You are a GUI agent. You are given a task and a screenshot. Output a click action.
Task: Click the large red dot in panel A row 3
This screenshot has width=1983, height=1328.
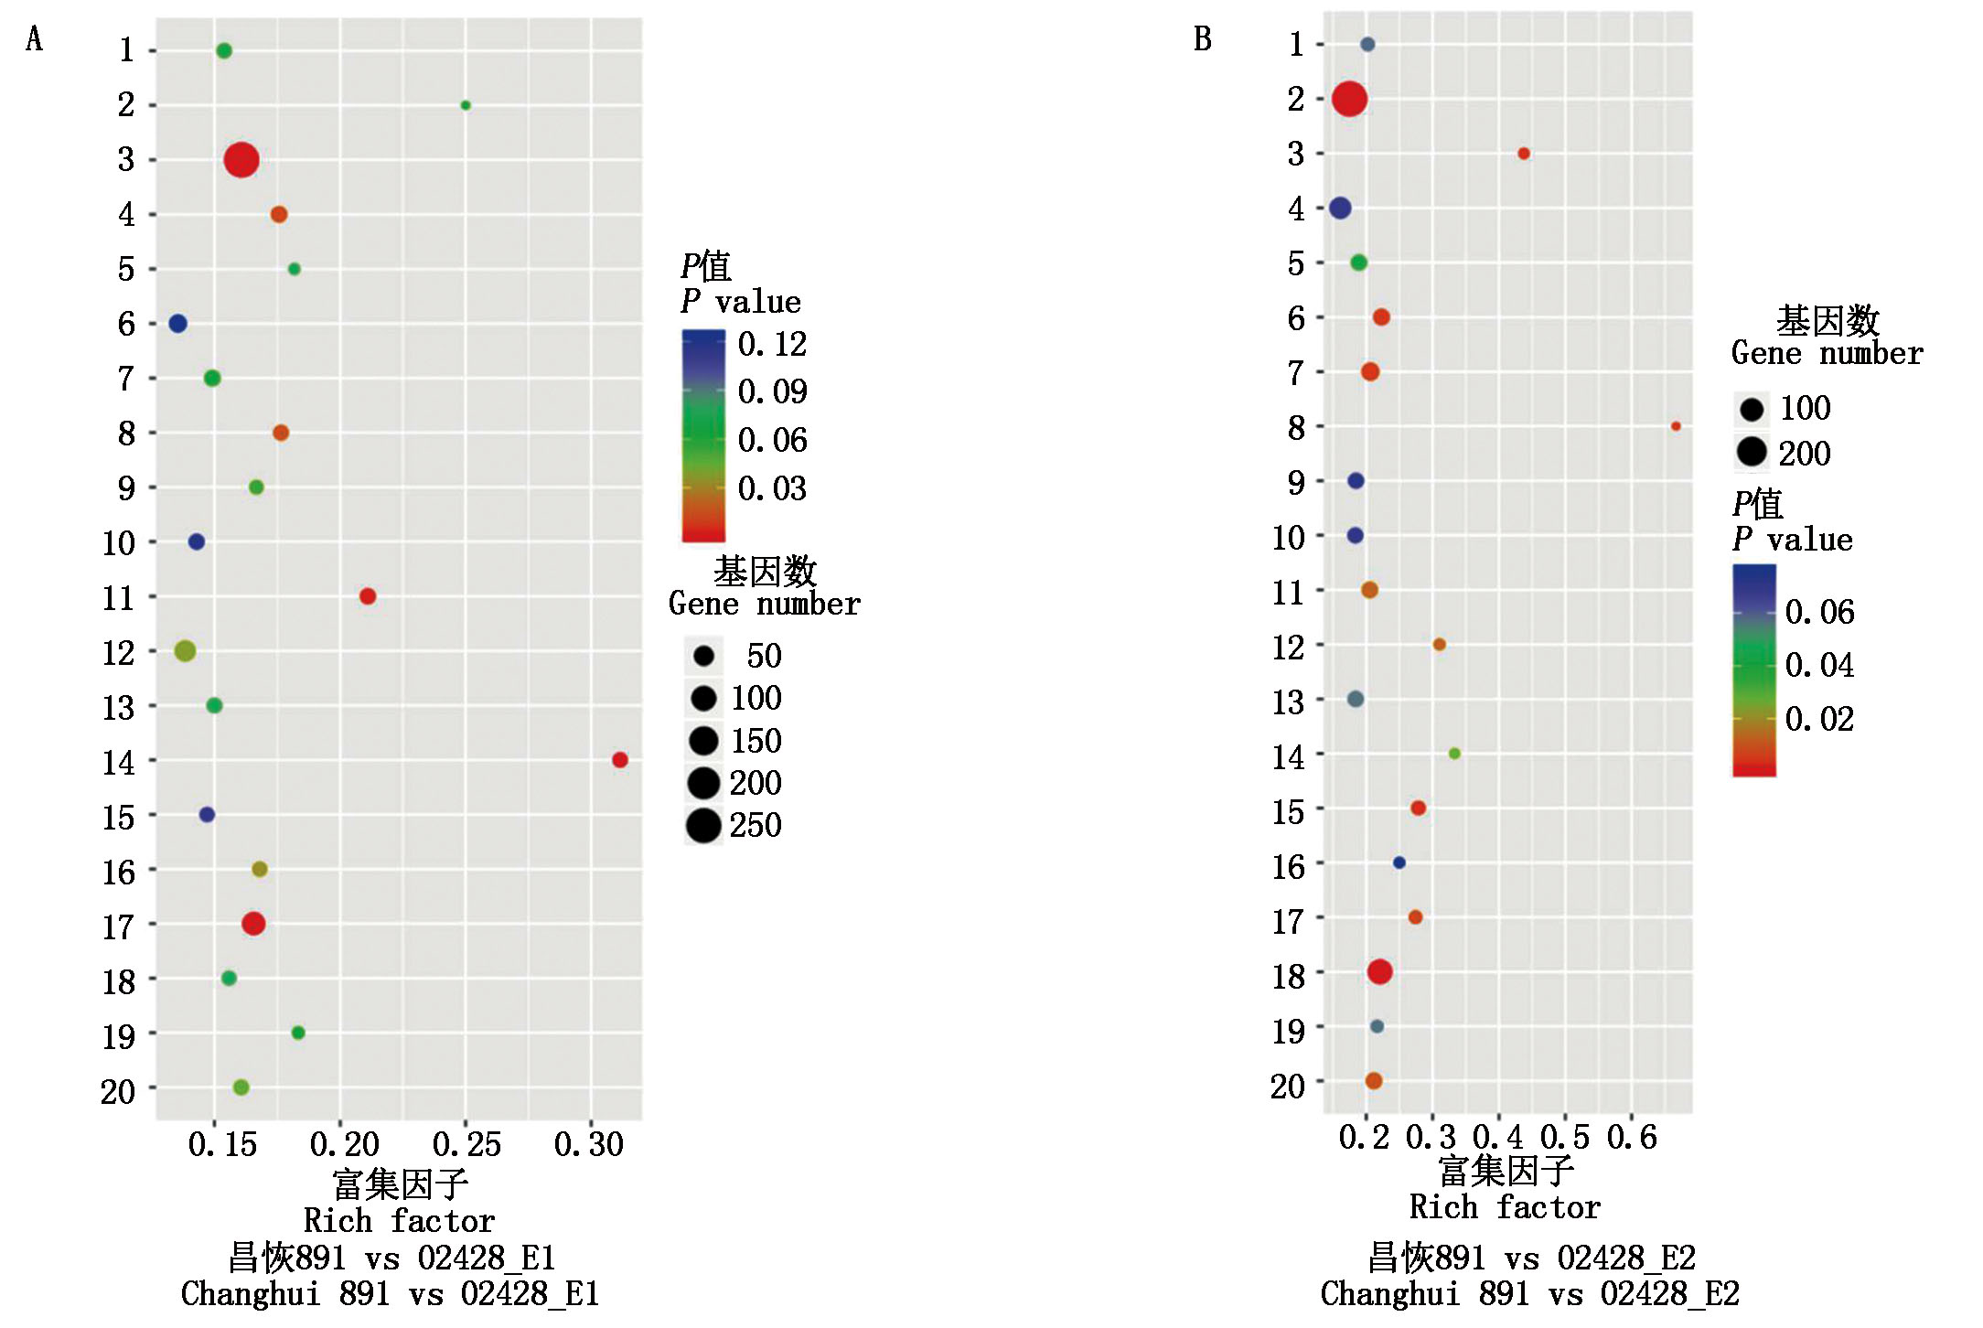pos(241,160)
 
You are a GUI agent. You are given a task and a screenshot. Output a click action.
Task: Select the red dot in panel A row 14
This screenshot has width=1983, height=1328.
pos(620,760)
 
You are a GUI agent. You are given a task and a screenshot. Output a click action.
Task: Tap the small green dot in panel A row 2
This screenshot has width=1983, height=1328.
pos(466,105)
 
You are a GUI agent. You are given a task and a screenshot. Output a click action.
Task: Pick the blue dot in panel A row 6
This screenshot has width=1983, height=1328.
pos(178,324)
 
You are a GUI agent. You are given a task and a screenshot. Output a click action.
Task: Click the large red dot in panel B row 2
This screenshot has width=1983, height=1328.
pos(1350,99)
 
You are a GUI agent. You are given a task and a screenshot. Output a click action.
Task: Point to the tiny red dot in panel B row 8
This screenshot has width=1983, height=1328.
pos(1676,426)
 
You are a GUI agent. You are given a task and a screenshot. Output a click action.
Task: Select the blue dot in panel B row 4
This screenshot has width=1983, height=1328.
pos(1340,209)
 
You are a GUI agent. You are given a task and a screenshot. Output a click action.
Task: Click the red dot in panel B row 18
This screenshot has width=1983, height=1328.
pos(1380,972)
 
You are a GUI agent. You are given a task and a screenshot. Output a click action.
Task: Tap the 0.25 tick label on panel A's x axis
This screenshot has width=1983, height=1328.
pos(466,1144)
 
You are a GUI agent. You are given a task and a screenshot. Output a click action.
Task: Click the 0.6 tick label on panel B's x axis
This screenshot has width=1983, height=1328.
pos(1632,1138)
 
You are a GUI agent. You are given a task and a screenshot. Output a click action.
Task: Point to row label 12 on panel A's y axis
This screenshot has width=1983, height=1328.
pos(119,653)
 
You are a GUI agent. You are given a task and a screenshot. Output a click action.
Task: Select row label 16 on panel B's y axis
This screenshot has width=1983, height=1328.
pos(1289,866)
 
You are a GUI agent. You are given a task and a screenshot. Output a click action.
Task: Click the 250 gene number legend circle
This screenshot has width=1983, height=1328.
pos(703,826)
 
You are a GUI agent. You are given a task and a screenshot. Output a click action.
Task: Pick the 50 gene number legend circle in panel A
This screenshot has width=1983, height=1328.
pos(703,656)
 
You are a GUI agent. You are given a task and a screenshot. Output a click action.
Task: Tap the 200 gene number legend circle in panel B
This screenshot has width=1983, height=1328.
pos(1752,452)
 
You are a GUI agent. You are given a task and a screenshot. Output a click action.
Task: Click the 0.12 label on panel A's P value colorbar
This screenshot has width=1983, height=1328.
pos(773,345)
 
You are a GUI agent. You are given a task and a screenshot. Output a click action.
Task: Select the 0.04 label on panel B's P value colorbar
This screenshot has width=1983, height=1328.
pos(1819,665)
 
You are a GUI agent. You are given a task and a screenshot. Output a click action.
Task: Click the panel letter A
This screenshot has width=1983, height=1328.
pos(35,39)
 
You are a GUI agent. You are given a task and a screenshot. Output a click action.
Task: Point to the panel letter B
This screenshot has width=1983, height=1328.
pos(1203,39)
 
